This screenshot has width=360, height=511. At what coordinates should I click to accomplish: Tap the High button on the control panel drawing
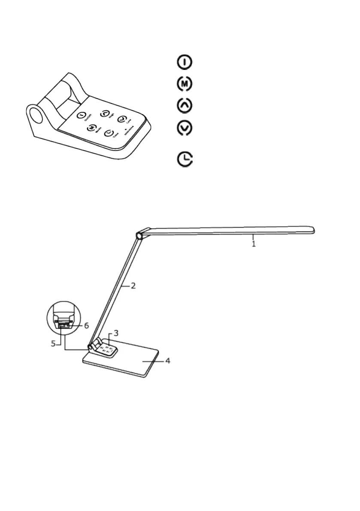click(104, 113)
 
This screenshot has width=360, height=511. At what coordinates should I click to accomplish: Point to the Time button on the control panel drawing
click(109, 133)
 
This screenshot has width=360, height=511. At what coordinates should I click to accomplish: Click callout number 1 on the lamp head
click(254, 244)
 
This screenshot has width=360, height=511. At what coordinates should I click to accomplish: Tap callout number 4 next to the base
click(168, 361)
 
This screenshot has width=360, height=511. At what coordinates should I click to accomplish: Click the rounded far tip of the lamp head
click(312, 230)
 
